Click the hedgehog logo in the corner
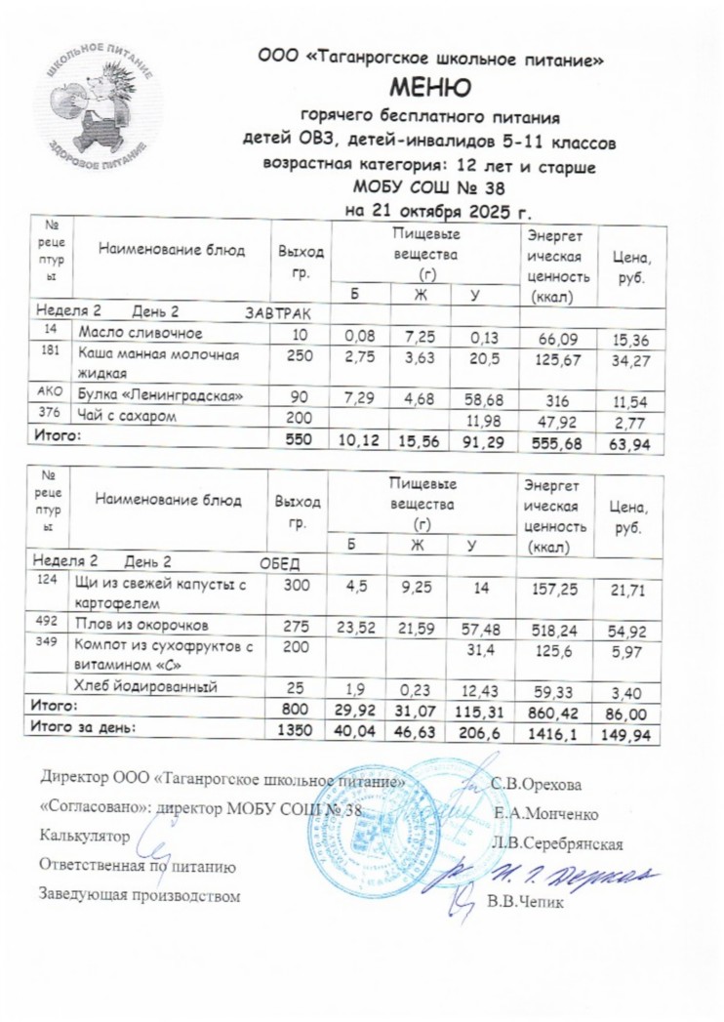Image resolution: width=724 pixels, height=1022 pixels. pos(97,106)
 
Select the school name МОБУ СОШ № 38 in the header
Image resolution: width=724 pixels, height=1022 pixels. pos(429,188)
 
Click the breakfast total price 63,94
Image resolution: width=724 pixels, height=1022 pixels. pos(631,444)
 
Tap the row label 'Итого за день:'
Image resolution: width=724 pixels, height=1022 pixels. pos(84,727)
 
